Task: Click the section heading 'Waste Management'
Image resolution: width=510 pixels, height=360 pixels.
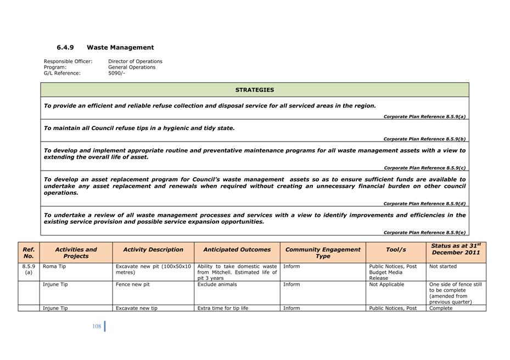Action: coord(120,48)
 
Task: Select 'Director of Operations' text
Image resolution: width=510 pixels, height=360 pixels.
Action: coord(135,61)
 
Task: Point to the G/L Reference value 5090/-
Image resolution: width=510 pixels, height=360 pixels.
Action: coord(116,73)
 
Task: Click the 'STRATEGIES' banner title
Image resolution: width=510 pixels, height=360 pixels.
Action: coord(255,90)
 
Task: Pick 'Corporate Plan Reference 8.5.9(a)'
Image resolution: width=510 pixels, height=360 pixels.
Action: coord(424,117)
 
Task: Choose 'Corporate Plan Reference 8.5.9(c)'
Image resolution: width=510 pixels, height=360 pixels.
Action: coord(424,168)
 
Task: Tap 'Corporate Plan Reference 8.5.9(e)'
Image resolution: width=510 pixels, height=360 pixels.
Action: coord(424,233)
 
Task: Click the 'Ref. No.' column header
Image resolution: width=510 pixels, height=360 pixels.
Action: coord(29,252)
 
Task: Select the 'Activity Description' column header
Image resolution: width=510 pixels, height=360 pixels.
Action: coord(153,250)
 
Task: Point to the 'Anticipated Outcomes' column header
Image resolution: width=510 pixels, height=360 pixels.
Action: coord(237,250)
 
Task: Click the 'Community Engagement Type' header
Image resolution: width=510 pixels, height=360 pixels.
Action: coord(323,252)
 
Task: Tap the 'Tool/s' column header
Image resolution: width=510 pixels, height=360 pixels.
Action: coord(396,250)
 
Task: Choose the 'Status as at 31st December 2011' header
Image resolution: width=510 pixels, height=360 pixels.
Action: coord(456,249)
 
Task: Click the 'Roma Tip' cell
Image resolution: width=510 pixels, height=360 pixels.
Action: coord(53,267)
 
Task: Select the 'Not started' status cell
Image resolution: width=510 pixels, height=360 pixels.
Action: coord(442,267)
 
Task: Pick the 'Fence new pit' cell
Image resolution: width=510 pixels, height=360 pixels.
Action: coord(132,285)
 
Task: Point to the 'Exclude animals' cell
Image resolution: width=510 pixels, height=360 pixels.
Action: coord(217,285)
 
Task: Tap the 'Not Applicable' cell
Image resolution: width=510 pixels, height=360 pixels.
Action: coord(386,285)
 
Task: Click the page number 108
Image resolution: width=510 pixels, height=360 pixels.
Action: coord(97,327)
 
